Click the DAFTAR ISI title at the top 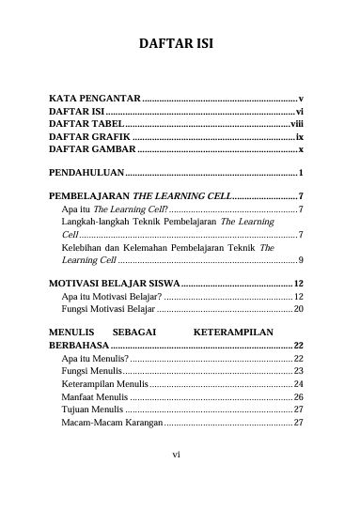pyautogui.click(x=180, y=45)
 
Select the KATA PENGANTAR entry pyautogui.click(x=95, y=99)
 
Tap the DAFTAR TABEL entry pyautogui.click(x=86, y=123)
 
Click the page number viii pyautogui.click(x=296, y=123)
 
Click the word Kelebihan pyautogui.click(x=82, y=248)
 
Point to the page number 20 pyautogui.click(x=298, y=308)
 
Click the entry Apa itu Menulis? pyautogui.click(x=94, y=359)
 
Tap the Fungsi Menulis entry pyautogui.click(x=90, y=372)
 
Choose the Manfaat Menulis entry pyautogui.click(x=94, y=397)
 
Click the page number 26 pyautogui.click(x=298, y=397)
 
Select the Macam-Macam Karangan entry pyautogui.click(x=111, y=424)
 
